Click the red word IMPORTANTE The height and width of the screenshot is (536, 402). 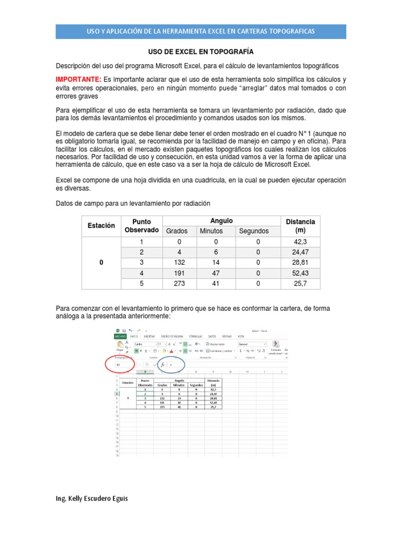[x=79, y=80]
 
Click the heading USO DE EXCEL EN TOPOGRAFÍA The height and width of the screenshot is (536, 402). [x=200, y=52]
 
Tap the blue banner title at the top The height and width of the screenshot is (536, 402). [x=200, y=31]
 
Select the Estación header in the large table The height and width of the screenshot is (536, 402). [x=101, y=226]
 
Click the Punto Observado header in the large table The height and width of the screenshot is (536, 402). [x=141, y=226]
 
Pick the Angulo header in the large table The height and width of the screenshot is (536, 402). [x=221, y=221]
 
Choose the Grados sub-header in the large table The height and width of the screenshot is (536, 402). [x=176, y=231]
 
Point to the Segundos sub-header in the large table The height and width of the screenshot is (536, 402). [x=253, y=231]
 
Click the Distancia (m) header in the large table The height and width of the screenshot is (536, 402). [x=300, y=226]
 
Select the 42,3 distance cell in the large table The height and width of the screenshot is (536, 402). [x=300, y=242]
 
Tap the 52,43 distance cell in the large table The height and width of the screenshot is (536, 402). [x=300, y=273]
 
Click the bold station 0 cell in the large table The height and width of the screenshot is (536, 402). [x=101, y=263]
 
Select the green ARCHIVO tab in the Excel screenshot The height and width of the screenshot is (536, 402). [x=120, y=337]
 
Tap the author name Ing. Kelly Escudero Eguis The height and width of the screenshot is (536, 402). [x=92, y=499]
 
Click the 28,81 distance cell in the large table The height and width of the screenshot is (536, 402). [x=300, y=263]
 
